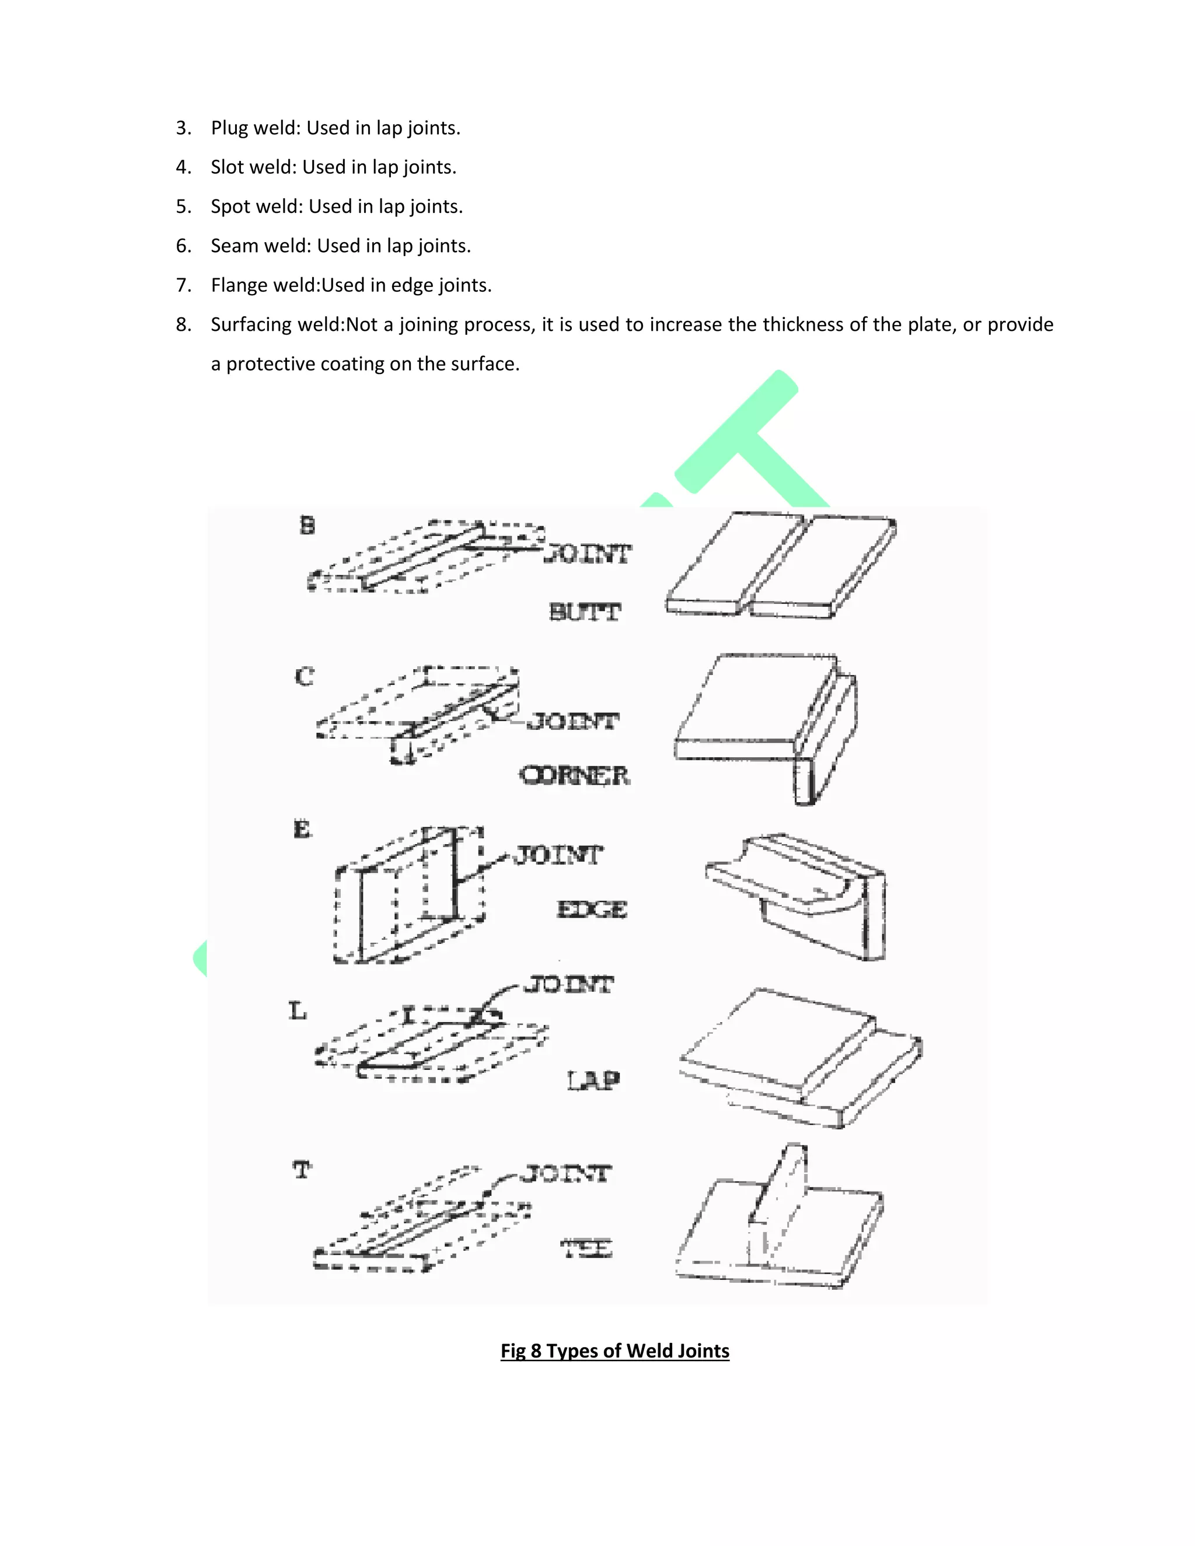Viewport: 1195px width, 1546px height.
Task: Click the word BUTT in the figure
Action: tap(585, 611)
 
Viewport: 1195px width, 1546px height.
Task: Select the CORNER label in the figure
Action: tap(574, 776)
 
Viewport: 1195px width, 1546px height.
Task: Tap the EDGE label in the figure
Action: tap(592, 910)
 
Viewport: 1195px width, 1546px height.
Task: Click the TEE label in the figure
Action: tap(586, 1248)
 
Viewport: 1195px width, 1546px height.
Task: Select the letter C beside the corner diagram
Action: tap(305, 677)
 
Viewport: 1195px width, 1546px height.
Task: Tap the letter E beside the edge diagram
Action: tap(302, 829)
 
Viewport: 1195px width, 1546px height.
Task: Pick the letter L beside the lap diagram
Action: tap(298, 1011)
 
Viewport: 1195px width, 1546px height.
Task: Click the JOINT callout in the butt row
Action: tap(588, 554)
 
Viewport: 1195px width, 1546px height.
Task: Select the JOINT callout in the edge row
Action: tap(558, 855)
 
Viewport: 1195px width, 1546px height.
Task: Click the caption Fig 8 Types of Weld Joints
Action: tap(614, 1351)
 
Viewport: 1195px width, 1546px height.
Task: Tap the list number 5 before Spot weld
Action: tap(183, 207)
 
